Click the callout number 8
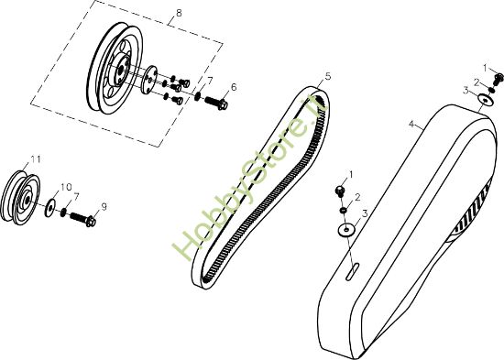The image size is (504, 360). tap(178, 13)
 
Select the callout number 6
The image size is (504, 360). tap(234, 87)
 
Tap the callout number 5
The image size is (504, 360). tap(328, 76)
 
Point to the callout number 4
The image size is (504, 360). tap(412, 123)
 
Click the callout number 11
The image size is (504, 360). tap(35, 159)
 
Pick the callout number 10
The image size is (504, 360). tap(65, 187)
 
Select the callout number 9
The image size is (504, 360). tap(104, 207)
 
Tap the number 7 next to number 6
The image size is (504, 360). tap(209, 81)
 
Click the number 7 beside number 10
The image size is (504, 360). tap(76, 196)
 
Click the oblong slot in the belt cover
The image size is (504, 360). tap(353, 269)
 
